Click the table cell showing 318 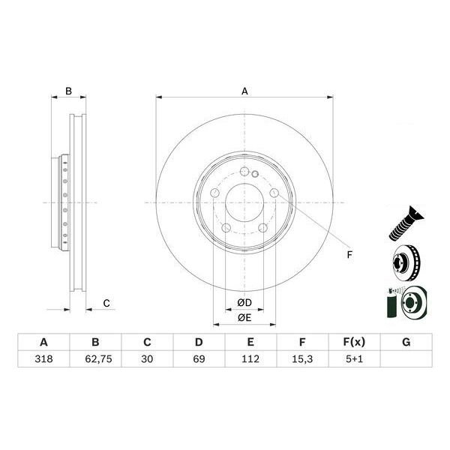click(x=43, y=358)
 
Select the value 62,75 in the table click(x=98, y=358)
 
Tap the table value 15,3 click(x=302, y=358)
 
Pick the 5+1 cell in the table click(x=354, y=358)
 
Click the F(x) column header click(x=354, y=342)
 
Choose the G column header click(x=406, y=342)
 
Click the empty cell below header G click(x=406, y=358)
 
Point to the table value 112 click(x=250, y=358)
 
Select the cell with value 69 click(x=199, y=358)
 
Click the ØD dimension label click(x=244, y=302)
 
